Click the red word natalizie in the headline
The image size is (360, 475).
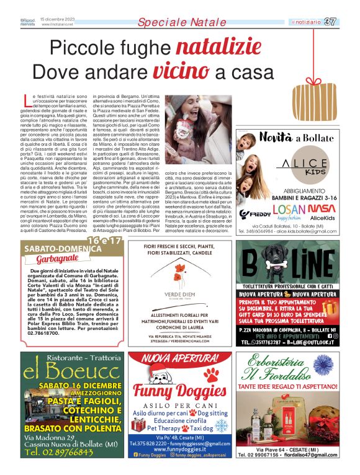[x=214, y=48]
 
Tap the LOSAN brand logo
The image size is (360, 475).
[x=287, y=210]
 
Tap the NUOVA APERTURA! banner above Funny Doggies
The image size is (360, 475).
[x=181, y=358]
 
